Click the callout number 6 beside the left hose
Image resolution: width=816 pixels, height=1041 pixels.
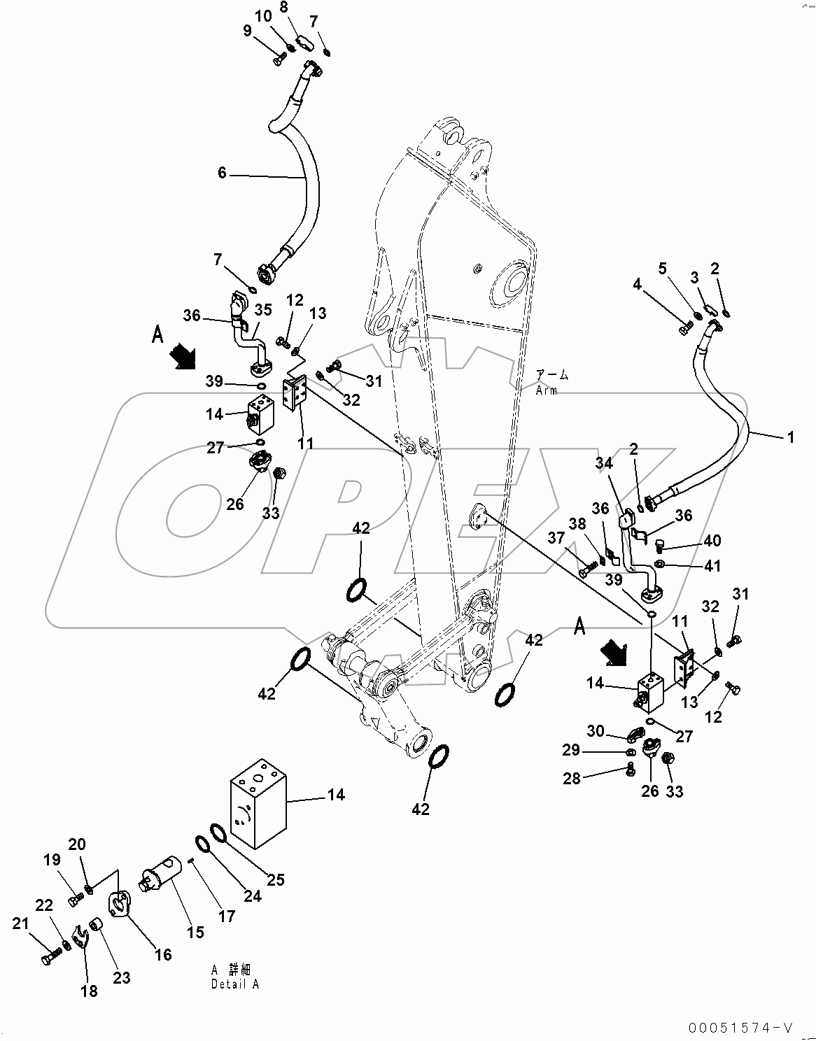point(222,172)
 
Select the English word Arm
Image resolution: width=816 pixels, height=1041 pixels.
point(547,390)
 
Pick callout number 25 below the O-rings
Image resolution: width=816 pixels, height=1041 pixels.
point(276,879)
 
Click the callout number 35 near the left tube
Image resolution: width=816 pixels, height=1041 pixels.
point(262,309)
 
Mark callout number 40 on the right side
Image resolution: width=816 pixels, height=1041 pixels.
point(712,541)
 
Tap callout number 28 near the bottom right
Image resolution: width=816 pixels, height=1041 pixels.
point(572,778)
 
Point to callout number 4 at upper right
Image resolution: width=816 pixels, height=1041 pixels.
point(637,284)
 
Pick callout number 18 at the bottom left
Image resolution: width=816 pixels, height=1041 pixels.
point(90,991)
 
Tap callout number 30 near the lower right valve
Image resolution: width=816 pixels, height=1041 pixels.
point(595,730)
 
